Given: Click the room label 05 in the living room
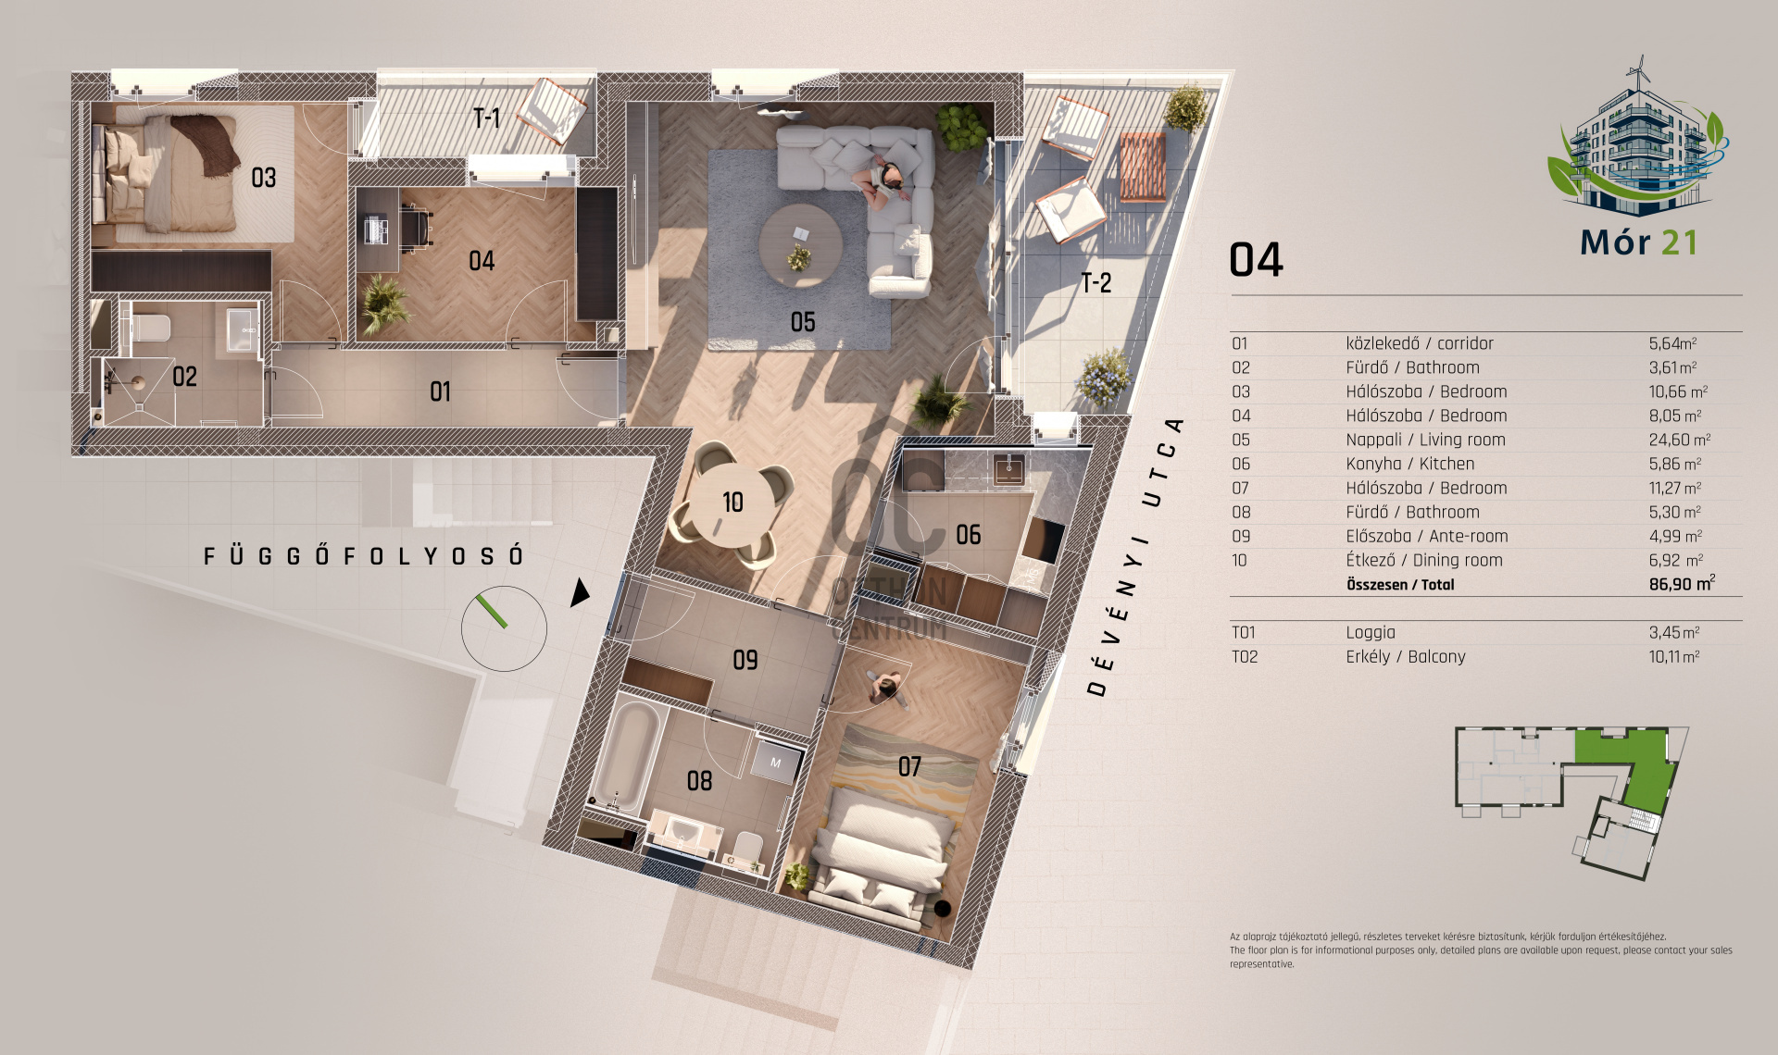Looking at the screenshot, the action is [x=803, y=322].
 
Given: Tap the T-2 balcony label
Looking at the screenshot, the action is [x=1096, y=283].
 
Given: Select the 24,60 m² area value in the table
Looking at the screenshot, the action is [x=1679, y=440].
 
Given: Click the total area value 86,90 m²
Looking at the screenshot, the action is [x=1682, y=584].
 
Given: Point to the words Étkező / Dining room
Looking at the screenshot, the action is [x=1424, y=560].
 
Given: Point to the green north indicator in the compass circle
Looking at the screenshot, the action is [x=492, y=612].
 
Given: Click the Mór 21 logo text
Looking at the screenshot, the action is [x=1638, y=242].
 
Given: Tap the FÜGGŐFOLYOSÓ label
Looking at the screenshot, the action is [x=364, y=556].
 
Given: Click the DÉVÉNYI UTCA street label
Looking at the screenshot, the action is [x=1135, y=556].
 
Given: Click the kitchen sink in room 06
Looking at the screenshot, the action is [x=1008, y=468].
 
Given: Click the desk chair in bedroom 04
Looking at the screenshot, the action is [x=416, y=226].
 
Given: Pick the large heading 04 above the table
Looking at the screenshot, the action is [x=1256, y=260].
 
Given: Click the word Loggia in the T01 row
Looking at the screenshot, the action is [x=1371, y=633].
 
